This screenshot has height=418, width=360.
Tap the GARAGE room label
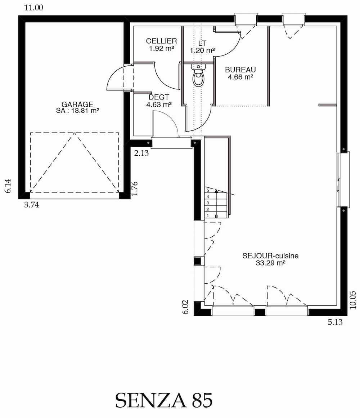tap(77, 104)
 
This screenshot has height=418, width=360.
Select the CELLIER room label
tap(161, 41)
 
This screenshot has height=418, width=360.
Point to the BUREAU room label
tap(240, 70)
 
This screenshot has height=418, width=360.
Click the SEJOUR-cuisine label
tap(270, 256)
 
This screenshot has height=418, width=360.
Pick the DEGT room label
tap(159, 97)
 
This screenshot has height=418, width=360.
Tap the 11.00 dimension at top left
tap(33, 8)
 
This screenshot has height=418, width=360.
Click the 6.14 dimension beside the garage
tap(8, 186)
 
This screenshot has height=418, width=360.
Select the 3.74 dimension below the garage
tap(31, 205)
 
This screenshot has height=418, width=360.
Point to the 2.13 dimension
tap(141, 153)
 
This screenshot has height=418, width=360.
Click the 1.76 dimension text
tap(135, 188)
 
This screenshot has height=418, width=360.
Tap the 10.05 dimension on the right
tap(353, 300)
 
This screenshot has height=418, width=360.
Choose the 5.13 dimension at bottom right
tap(335, 322)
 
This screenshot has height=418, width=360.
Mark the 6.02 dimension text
tap(186, 307)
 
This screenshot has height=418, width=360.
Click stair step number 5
tap(208, 191)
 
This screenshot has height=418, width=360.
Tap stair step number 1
tap(208, 215)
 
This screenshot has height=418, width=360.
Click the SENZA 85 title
tap(164, 400)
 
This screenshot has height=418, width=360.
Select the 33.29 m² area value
tap(270, 263)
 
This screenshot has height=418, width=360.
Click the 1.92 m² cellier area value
tap(161, 49)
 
